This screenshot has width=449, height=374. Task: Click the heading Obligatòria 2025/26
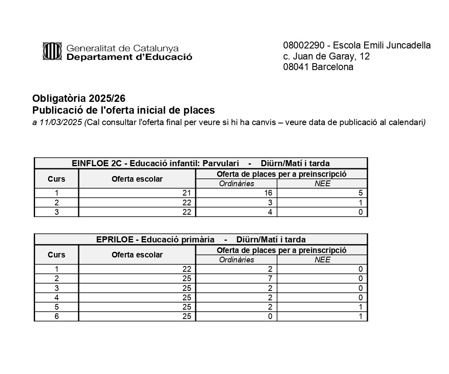pyautogui.click(x=79, y=99)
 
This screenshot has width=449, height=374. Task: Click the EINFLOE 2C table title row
pyautogui.click(x=200, y=163)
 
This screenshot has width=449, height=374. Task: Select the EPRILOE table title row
pyautogui.click(x=200, y=240)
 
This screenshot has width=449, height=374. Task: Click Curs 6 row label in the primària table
pyautogui.click(x=57, y=316)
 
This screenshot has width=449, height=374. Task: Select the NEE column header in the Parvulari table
pyautogui.click(x=322, y=184)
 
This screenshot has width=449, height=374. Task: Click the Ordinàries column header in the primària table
pyautogui.click(x=236, y=260)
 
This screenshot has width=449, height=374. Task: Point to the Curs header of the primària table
pyautogui.click(x=56, y=255)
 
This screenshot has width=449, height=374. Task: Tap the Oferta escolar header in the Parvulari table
pyautogui.click(x=137, y=179)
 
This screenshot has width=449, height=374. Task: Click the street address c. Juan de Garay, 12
pyautogui.click(x=326, y=56)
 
